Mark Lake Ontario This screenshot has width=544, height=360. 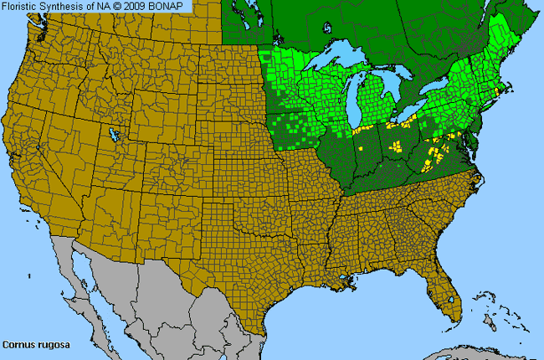441,94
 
